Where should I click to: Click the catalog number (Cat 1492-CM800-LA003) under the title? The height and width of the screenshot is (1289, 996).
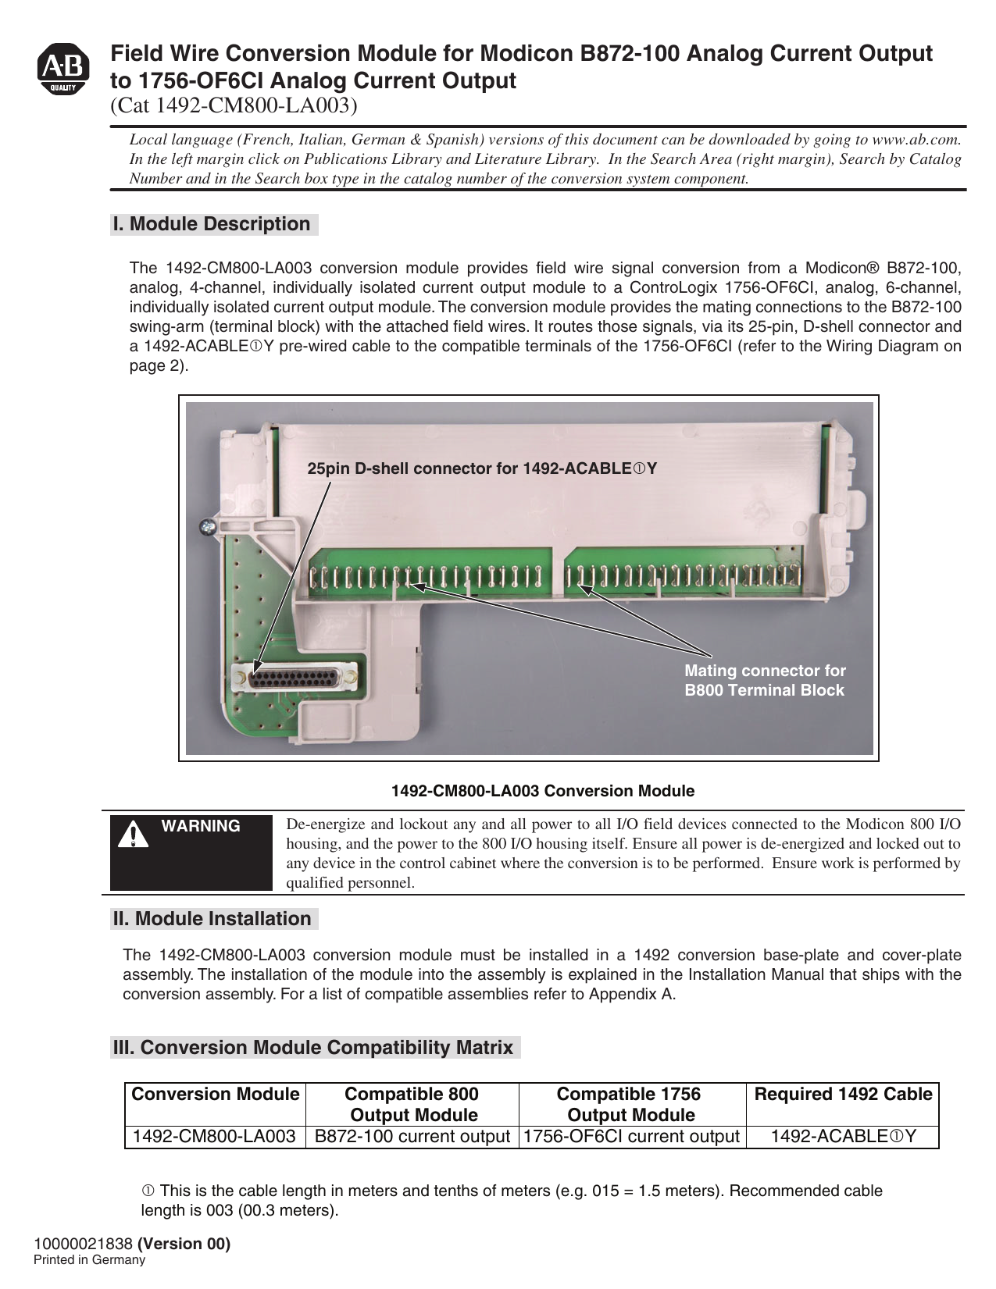point(234,105)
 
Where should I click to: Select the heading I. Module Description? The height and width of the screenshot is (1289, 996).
point(212,224)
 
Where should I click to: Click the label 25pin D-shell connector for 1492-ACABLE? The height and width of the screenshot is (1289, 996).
point(481,468)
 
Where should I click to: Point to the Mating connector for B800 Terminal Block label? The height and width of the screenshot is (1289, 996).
point(764,680)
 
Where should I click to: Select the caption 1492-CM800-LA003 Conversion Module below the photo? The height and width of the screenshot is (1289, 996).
point(542,791)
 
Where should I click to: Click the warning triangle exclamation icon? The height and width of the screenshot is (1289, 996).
point(134,834)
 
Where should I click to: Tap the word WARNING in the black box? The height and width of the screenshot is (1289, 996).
point(201,826)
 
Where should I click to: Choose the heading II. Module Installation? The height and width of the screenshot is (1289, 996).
point(212,919)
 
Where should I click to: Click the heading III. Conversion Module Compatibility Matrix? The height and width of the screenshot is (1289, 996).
point(313,1048)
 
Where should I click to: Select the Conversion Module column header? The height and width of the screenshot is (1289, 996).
point(216,1095)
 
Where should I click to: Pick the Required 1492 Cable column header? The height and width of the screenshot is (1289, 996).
point(843,1095)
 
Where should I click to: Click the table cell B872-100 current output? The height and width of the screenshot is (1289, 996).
point(412,1137)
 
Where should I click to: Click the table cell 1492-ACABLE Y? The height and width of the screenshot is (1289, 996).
point(843,1137)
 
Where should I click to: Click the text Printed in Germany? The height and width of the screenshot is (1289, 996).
point(89,1260)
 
